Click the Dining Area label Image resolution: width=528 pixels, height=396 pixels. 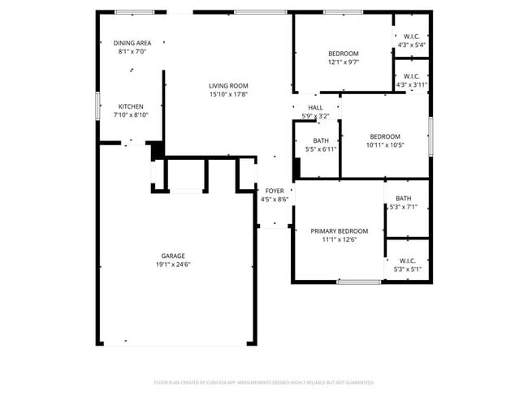coord(132,43)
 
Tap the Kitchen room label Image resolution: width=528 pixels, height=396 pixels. coord(132,106)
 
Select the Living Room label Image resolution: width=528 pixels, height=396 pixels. coord(227,85)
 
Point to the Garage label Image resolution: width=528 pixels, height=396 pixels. coord(173,255)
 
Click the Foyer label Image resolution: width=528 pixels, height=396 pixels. coord(275,191)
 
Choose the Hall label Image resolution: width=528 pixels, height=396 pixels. coord(315,107)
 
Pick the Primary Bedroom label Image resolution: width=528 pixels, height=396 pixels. coord(340,230)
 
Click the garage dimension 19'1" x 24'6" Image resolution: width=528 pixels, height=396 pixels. coord(173,265)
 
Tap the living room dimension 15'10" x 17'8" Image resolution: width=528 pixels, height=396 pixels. coord(227,95)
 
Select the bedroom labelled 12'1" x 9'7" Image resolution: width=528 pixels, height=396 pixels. coord(343,54)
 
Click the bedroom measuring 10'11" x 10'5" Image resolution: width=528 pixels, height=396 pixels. coord(384,136)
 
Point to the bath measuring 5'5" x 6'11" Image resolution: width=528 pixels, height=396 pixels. coord(321,140)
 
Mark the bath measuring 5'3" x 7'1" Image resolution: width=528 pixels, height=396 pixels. coord(404,199)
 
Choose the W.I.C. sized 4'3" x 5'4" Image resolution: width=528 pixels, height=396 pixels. coord(410,36)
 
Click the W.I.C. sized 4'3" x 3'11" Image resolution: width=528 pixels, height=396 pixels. coord(411,76)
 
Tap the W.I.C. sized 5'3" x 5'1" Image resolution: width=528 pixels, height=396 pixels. coord(407,260)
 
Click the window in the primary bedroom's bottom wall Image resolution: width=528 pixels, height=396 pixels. coord(359,282)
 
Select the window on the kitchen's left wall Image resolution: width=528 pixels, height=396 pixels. coord(98,106)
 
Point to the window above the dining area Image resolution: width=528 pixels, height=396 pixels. coord(134,12)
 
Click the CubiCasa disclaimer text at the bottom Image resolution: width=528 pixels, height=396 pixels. coord(264,382)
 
